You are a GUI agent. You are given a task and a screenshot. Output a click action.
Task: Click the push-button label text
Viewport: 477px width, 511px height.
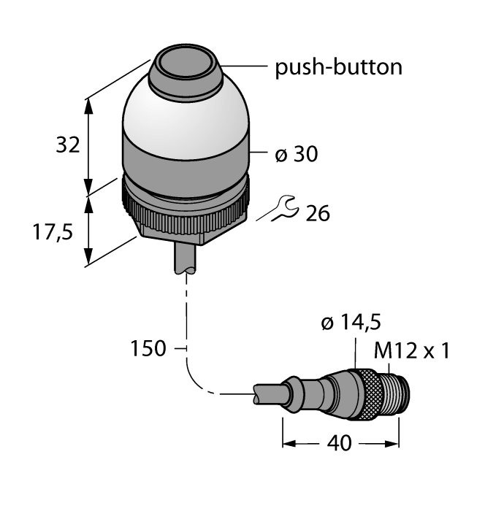(x=337, y=68)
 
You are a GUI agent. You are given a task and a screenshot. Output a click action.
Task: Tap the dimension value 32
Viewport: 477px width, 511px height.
(x=68, y=146)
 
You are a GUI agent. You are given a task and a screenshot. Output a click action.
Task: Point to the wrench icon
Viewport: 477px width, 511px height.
(x=282, y=209)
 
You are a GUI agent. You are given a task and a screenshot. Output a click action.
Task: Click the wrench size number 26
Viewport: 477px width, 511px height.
(x=316, y=213)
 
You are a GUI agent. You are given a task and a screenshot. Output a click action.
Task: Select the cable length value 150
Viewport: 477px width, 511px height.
(x=148, y=349)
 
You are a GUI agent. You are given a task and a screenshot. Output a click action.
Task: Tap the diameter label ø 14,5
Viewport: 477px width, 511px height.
(x=351, y=323)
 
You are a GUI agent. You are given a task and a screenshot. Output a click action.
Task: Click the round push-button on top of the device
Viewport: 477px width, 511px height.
(x=185, y=68)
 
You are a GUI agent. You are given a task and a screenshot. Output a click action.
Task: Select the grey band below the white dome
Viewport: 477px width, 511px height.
(x=185, y=160)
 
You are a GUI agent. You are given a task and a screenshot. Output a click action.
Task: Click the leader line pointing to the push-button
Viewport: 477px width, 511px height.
(x=245, y=68)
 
